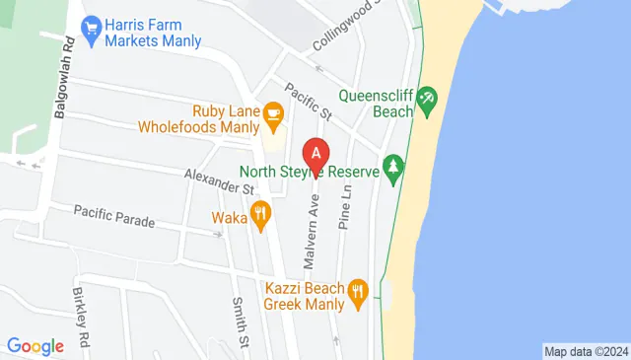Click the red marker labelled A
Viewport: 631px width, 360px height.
tap(315, 156)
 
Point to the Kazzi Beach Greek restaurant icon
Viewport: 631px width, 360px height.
tap(358, 290)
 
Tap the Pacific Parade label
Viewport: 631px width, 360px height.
tap(114, 215)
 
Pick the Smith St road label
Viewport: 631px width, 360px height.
tap(239, 315)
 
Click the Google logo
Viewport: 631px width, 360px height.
tap(35, 346)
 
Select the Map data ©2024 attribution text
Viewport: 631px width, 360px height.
tap(586, 351)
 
